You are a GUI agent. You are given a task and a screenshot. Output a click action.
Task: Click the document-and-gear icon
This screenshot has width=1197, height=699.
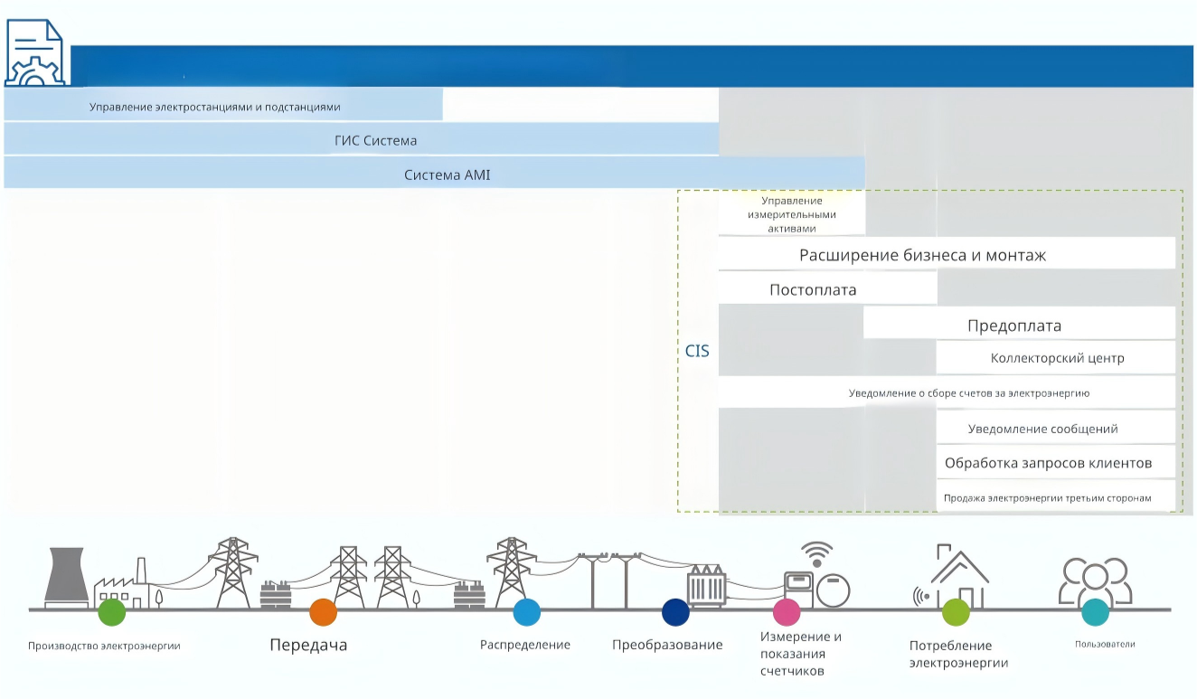pyautogui.click(x=34, y=52)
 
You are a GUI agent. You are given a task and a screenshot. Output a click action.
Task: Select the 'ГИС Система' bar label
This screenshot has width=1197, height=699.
pyautogui.click(x=376, y=140)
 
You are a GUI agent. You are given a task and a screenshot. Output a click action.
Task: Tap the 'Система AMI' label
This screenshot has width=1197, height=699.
pyautogui.click(x=447, y=175)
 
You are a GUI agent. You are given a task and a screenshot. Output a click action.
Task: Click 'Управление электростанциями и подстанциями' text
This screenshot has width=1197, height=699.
pyautogui.click(x=215, y=107)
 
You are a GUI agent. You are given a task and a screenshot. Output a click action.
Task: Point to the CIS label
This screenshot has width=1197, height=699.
pyautogui.click(x=697, y=351)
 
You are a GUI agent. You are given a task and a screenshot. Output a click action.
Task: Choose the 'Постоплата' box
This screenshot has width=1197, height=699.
pyautogui.click(x=827, y=288)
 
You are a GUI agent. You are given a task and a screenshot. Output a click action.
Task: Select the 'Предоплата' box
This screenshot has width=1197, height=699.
pyautogui.click(x=1019, y=323)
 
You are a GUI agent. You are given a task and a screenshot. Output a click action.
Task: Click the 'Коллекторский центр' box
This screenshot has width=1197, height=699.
pyautogui.click(x=1055, y=357)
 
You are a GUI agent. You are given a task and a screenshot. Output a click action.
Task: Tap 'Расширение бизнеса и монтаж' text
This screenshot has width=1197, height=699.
pyautogui.click(x=922, y=255)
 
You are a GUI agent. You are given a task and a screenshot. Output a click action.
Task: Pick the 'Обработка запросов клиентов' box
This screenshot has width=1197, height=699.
pyautogui.click(x=1055, y=462)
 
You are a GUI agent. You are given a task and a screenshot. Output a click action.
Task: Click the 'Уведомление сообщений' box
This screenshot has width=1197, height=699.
pyautogui.click(x=1055, y=428)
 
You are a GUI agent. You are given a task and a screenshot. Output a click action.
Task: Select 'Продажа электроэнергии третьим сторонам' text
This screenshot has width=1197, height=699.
pyautogui.click(x=1047, y=498)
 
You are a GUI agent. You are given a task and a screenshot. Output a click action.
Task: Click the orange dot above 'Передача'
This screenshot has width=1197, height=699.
pyautogui.click(x=324, y=612)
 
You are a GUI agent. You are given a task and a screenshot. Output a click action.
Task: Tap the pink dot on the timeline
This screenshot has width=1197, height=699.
pyautogui.click(x=787, y=612)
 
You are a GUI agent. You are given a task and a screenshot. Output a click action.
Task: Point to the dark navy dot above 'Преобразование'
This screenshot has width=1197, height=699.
pyautogui.click(x=675, y=612)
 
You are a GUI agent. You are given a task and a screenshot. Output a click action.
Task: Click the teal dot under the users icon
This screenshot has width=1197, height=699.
pyautogui.click(x=1095, y=612)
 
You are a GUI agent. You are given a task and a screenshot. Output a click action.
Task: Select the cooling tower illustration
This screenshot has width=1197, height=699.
pyautogui.click(x=66, y=577)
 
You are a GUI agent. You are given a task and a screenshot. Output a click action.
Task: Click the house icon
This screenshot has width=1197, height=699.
pyautogui.click(x=959, y=576)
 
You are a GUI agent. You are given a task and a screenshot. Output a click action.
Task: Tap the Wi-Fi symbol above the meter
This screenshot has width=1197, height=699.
pyautogui.click(x=817, y=554)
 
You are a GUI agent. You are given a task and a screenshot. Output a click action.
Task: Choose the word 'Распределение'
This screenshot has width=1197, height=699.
pyautogui.click(x=524, y=645)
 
